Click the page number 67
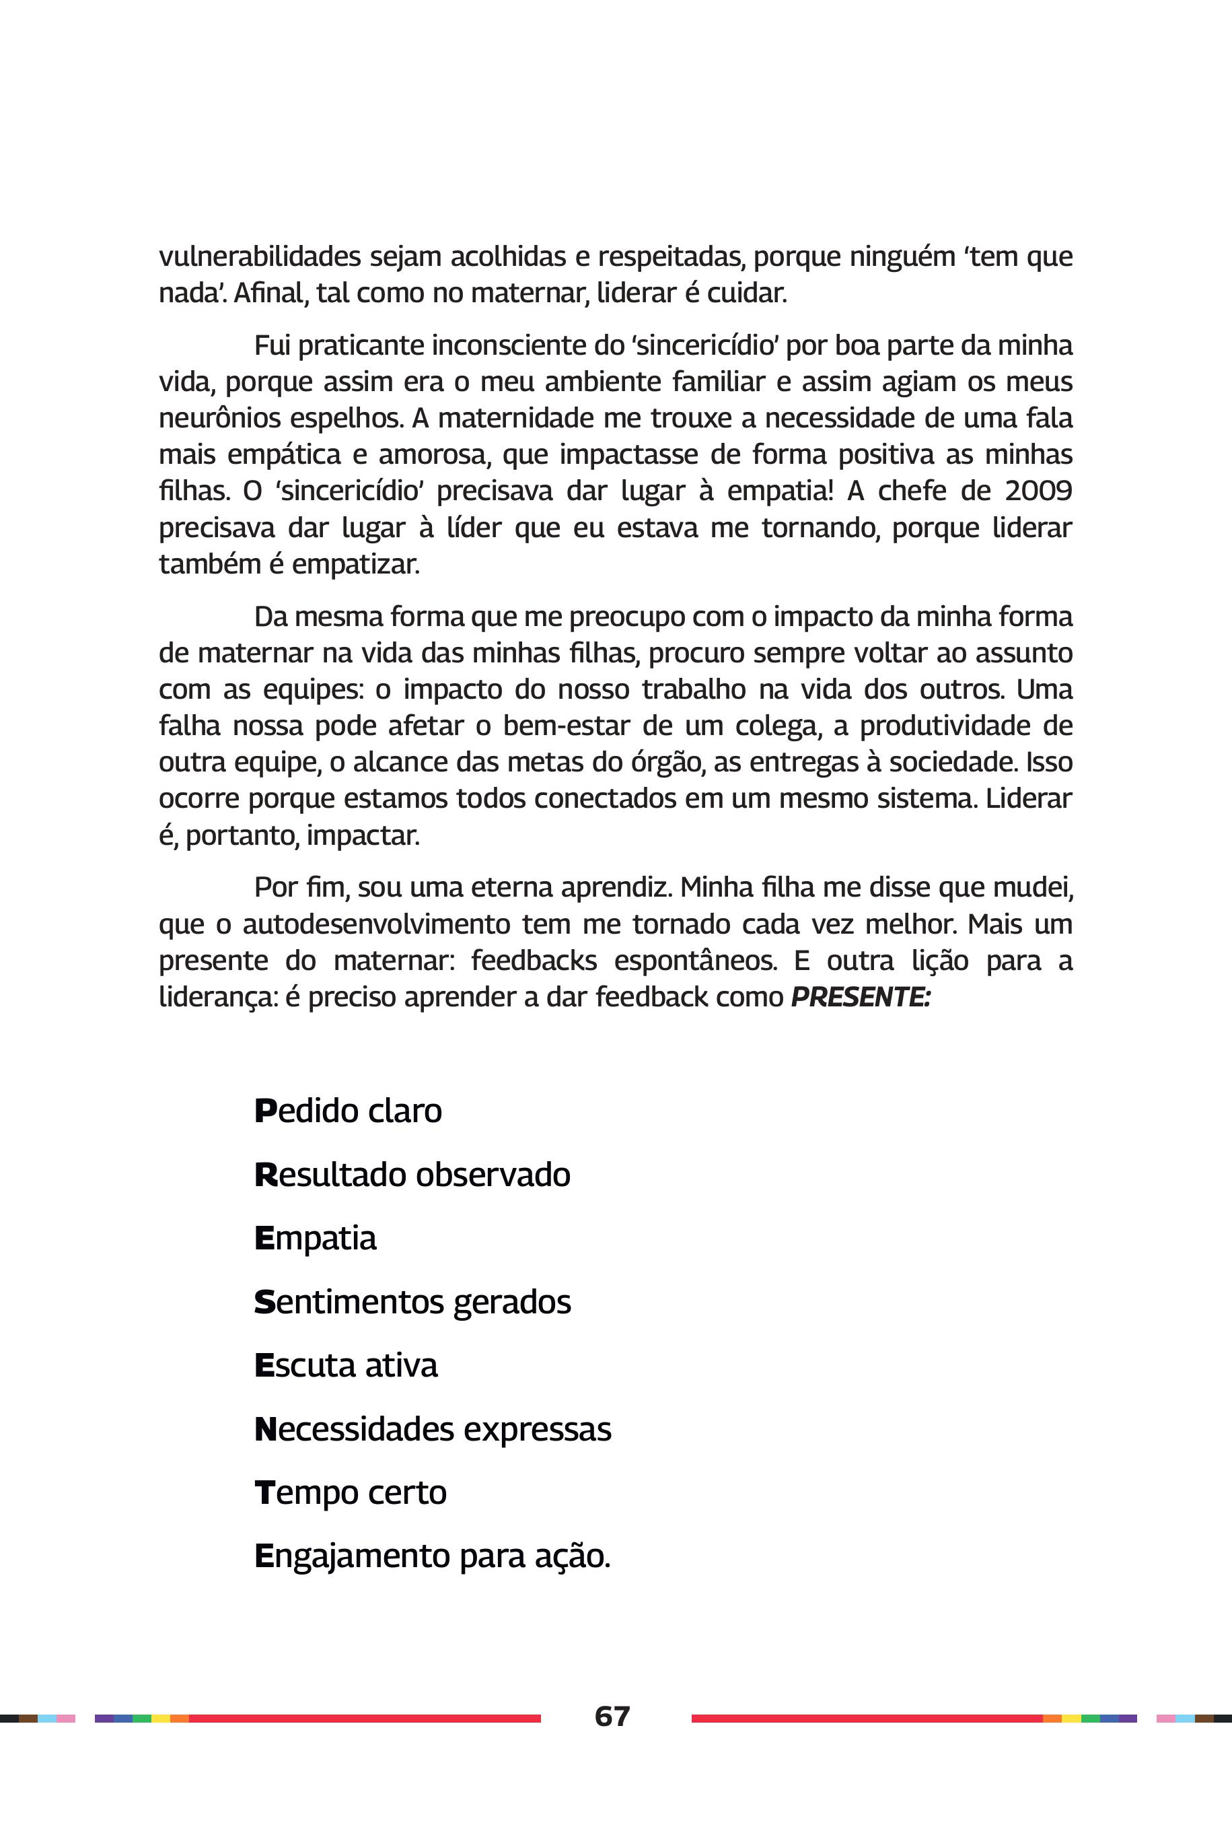coord(612,1716)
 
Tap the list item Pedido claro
coord(348,1111)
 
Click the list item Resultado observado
coord(412,1174)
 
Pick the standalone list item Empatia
coord(315,1238)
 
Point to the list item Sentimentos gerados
coord(412,1302)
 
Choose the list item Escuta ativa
coord(346,1365)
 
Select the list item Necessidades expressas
coord(433,1429)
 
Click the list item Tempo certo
coord(351,1492)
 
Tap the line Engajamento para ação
coord(432,1556)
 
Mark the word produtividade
coord(945,725)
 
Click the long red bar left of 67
coord(365,1718)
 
